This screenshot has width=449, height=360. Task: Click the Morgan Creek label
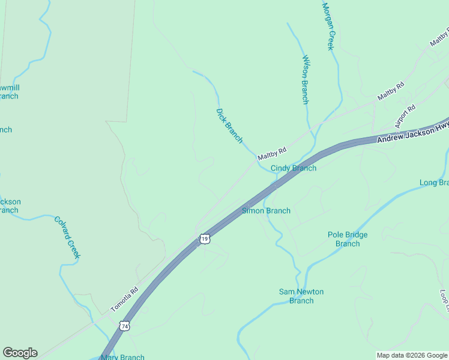coord(328,27)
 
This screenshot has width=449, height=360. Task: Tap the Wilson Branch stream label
coord(305,80)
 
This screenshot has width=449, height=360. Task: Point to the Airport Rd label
coord(405,116)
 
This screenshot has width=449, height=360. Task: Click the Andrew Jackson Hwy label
coord(413,132)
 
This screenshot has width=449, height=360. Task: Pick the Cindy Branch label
coord(294,168)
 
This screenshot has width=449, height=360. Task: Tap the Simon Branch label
coord(266,211)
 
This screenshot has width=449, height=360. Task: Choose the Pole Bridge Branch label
coord(348,239)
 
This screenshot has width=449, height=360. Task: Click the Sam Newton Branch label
coord(301,296)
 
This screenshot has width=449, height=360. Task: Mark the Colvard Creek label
coord(67,237)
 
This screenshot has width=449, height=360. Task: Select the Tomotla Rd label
coord(124,299)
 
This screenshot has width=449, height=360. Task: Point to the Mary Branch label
coord(122,357)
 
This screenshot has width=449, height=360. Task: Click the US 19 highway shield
coord(205,239)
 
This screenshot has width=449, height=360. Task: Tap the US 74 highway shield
coord(124,326)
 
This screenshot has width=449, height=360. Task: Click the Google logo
coord(20,353)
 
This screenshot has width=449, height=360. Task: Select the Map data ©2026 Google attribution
coord(412,355)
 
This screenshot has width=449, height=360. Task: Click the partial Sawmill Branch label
coord(9,92)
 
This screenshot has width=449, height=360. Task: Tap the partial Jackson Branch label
coord(10,206)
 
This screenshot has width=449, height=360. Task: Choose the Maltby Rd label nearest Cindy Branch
coord(272,154)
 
